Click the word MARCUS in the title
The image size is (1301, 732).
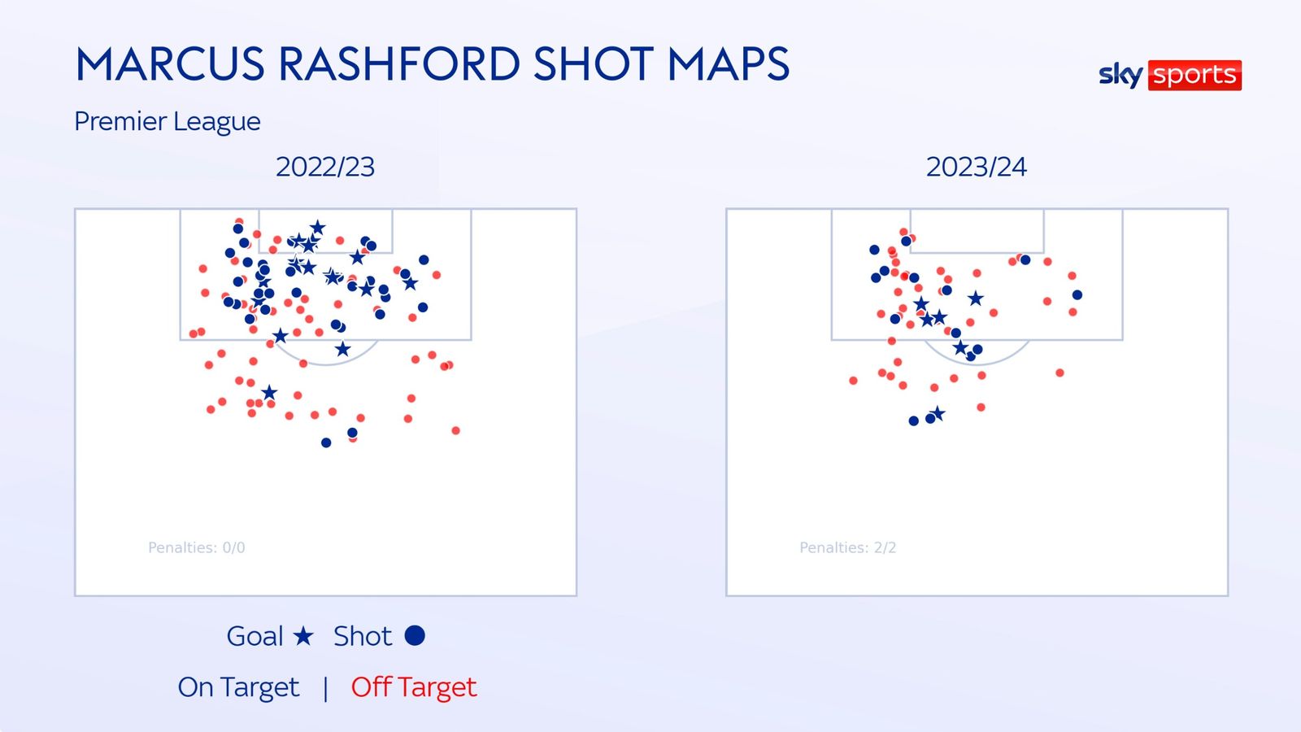click(x=170, y=63)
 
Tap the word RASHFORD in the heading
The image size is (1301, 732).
click(x=399, y=63)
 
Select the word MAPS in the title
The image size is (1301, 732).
click(x=729, y=63)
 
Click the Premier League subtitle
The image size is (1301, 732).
click(x=168, y=121)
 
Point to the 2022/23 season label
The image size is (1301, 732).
click(x=325, y=168)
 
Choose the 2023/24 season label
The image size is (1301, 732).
click(x=977, y=168)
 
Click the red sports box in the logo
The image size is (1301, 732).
click(x=1194, y=75)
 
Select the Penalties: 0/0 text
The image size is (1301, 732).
click(x=196, y=548)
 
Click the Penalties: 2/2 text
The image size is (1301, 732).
click(x=848, y=548)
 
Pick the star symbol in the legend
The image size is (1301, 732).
click(x=303, y=636)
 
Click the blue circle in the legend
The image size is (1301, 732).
click(x=415, y=635)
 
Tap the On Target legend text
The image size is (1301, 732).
click(x=238, y=687)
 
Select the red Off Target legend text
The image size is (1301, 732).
click(x=414, y=687)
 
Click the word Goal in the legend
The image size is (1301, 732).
click(x=255, y=636)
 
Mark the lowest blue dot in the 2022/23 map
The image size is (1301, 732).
click(x=326, y=442)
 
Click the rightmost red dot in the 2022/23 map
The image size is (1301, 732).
click(x=456, y=430)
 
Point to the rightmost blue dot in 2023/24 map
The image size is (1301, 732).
click(x=1077, y=295)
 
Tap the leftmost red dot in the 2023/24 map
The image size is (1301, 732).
click(x=853, y=381)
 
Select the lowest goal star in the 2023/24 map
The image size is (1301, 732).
click(x=938, y=414)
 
